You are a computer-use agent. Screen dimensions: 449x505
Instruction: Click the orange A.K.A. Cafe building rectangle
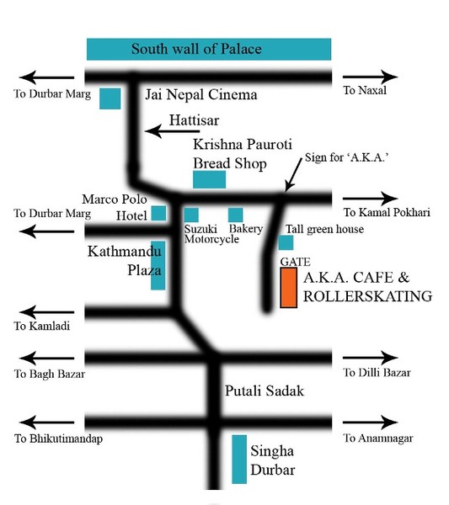click(x=288, y=288)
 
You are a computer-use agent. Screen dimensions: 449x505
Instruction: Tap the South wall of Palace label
click(x=196, y=49)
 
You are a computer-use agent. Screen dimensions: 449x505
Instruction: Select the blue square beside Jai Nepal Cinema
click(x=110, y=98)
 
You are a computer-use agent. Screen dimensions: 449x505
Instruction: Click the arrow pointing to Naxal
click(x=370, y=77)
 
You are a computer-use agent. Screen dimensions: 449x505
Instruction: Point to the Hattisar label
click(x=194, y=120)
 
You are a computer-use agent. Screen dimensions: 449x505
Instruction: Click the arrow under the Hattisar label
click(x=172, y=131)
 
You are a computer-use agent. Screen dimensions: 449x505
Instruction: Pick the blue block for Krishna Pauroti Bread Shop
click(x=209, y=179)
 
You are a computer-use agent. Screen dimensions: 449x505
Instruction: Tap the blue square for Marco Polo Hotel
click(x=158, y=213)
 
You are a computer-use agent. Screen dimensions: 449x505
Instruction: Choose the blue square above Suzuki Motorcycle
click(x=191, y=215)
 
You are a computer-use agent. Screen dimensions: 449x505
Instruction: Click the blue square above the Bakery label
click(x=236, y=215)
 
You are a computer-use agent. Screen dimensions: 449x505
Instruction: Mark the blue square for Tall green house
click(x=286, y=242)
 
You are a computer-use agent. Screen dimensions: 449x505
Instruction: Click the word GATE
click(x=295, y=262)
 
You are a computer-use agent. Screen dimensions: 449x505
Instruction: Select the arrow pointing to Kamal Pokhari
click(x=370, y=199)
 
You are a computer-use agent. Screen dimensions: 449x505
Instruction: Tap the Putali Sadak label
click(x=265, y=391)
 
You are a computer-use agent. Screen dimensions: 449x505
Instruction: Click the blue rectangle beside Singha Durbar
click(x=239, y=460)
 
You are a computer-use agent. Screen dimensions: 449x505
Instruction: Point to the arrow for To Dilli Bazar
click(x=370, y=358)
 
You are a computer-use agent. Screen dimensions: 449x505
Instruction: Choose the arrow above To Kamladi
click(x=46, y=311)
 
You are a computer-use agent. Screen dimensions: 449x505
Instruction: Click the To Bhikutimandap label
click(x=58, y=439)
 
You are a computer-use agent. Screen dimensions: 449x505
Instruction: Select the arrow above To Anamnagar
click(x=370, y=423)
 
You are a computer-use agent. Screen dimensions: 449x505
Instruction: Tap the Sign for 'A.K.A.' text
click(x=346, y=157)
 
